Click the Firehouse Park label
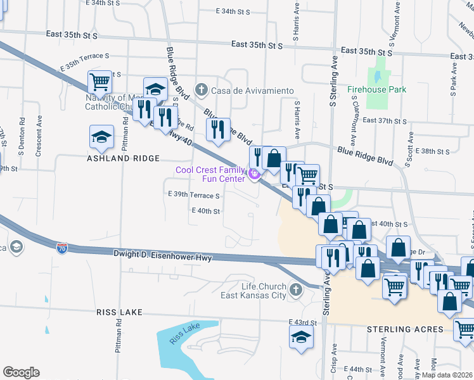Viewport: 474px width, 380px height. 376,89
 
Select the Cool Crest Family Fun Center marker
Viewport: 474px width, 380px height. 253,174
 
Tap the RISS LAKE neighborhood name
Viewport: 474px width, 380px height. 119,313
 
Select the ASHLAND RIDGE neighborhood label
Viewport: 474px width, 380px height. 123,158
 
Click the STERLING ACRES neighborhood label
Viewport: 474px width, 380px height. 406,329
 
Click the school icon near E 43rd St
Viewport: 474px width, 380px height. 301,336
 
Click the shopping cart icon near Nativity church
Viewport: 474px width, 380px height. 99,81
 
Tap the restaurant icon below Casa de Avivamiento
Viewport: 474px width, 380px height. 217,129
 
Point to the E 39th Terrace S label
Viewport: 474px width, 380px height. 193,196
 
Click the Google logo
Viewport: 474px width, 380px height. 21,372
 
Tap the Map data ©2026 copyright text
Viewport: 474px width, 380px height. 447,375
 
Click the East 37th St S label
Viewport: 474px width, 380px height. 385,120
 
